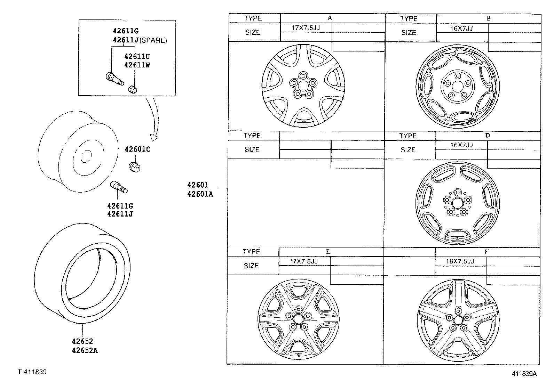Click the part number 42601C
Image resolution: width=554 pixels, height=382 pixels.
(137, 149)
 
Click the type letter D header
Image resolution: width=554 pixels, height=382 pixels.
(487, 136)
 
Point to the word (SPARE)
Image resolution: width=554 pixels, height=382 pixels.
(153, 41)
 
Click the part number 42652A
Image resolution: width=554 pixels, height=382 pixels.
(85, 350)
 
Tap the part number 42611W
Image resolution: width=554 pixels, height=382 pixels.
(137, 65)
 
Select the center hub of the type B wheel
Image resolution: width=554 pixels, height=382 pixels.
(457, 87)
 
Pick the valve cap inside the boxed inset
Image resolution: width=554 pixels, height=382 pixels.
(133, 89)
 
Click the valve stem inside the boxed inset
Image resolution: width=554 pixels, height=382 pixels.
(114, 79)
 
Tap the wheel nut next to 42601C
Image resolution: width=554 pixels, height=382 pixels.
(134, 167)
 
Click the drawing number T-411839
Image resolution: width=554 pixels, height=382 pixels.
(32, 372)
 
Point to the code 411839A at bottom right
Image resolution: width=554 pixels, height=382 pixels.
(524, 374)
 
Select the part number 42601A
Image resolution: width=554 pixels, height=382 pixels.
(200, 194)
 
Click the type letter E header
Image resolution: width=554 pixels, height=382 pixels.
(328, 252)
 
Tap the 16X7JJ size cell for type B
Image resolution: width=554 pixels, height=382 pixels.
(461, 29)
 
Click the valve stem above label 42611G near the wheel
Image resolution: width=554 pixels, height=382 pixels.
(119, 188)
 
